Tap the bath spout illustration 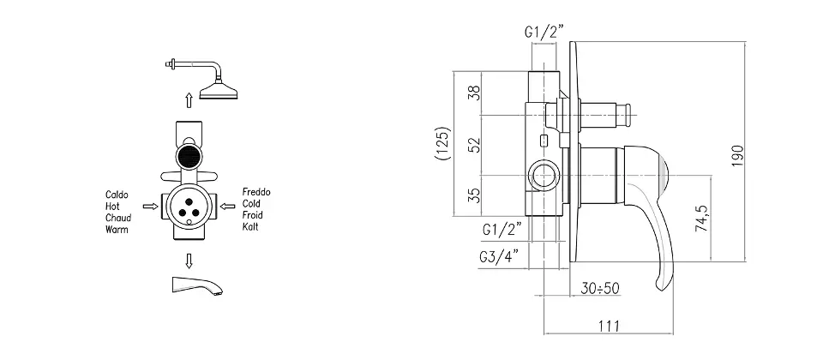click(x=197, y=286)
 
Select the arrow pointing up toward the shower click(x=189, y=99)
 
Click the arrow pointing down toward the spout click(x=189, y=261)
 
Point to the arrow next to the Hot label click(x=151, y=207)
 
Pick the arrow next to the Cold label click(x=227, y=207)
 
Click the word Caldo click(x=117, y=195)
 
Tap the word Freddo click(x=256, y=192)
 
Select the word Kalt click(x=250, y=226)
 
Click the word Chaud click(x=118, y=218)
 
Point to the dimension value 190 click(x=737, y=155)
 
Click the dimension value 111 click(x=609, y=326)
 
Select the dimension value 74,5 click(x=702, y=218)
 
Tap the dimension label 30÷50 click(x=600, y=288)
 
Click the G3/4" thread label click(x=499, y=256)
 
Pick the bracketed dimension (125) click(x=443, y=143)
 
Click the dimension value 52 click(x=474, y=145)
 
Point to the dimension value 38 click(x=474, y=93)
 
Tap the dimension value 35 click(x=474, y=195)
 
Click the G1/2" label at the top click(x=544, y=32)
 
